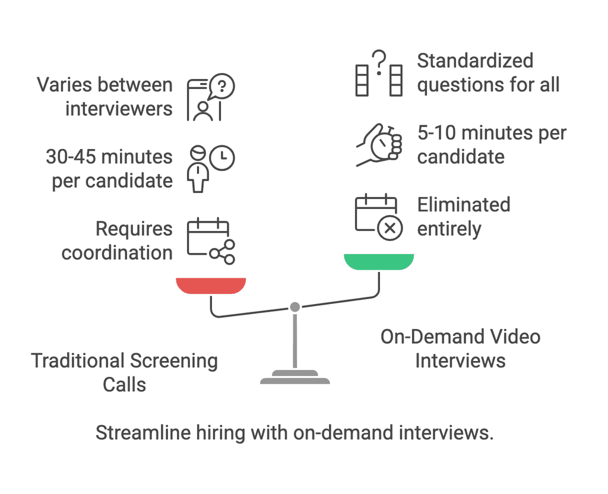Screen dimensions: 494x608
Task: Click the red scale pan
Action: point(211,286)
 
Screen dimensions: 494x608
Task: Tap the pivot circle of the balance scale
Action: point(294,307)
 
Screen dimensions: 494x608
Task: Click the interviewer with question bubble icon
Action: point(211,98)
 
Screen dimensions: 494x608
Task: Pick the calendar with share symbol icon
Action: point(211,241)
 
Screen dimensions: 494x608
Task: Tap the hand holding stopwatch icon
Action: point(379,144)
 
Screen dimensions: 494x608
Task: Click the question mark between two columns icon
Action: point(379,74)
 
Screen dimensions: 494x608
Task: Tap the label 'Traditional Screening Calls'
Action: point(124,372)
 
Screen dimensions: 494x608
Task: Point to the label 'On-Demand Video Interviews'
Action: point(460,349)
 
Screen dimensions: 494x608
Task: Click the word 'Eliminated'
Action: point(463,205)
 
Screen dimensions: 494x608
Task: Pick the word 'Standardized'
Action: point(475,61)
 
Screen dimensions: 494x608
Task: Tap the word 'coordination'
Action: point(117,253)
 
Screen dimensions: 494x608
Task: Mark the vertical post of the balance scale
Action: point(294,341)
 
